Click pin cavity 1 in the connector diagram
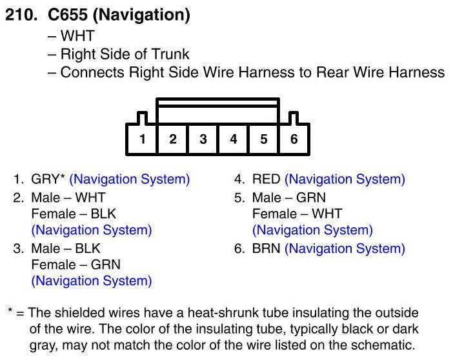point(142,139)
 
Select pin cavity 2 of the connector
point(172,139)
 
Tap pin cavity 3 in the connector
point(203,139)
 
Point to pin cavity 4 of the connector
point(233,139)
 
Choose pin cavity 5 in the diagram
point(263,139)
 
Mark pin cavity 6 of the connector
point(294,139)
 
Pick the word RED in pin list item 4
point(266,179)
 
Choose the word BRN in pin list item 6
point(266,248)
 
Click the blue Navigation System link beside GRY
point(129,179)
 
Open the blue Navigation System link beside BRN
point(345,248)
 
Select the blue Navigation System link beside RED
point(345,179)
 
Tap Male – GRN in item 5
point(289,197)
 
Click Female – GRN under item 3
point(75,265)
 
